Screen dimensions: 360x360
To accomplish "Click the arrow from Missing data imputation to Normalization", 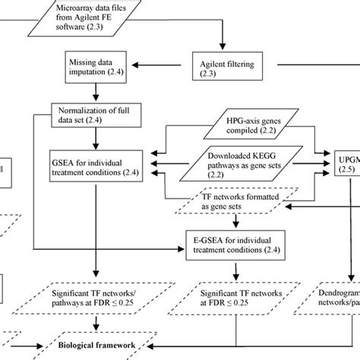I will coord(94,92).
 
